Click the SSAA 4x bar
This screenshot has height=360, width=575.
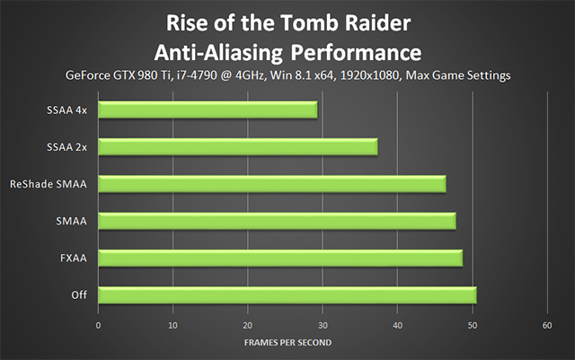click(208, 110)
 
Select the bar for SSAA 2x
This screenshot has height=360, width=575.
click(238, 147)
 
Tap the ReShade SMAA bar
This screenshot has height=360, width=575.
click(272, 184)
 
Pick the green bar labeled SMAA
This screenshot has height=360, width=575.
click(278, 221)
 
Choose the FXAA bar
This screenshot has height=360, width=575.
click(280, 258)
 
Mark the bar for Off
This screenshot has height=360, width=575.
click(287, 295)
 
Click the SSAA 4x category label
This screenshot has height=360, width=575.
click(66, 110)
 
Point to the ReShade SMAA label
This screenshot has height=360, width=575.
click(49, 184)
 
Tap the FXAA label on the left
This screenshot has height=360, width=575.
click(74, 258)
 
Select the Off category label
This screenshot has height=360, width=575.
click(79, 294)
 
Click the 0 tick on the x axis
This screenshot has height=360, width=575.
click(98, 326)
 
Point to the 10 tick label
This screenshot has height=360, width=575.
click(172, 326)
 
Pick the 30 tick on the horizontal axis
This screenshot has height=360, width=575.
click(323, 326)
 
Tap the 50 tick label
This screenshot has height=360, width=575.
click(473, 326)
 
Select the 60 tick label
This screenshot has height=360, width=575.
click(547, 326)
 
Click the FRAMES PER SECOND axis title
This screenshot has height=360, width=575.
click(287, 342)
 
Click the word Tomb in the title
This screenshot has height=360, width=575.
click(309, 22)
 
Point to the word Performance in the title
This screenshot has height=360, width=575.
click(356, 53)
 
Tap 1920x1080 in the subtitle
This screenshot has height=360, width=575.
click(370, 75)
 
